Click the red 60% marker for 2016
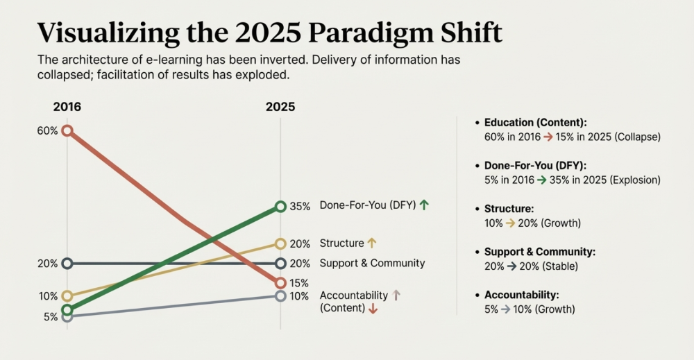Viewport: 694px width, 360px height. [67, 130]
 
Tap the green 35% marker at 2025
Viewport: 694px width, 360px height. [280, 206]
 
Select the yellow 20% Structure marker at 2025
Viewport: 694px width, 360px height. [280, 243]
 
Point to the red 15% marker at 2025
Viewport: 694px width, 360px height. [280, 283]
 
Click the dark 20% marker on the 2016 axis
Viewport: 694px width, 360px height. [67, 263]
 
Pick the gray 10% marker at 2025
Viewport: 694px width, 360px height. [280, 296]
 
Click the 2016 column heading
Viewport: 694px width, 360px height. [67, 107]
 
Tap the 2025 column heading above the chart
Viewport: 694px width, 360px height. [280, 107]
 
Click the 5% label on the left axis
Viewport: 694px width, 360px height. [51, 317]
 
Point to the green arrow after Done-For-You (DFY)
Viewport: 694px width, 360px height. [424, 205]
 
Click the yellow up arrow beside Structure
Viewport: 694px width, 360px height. [372, 243]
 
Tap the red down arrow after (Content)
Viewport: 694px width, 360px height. [373, 309]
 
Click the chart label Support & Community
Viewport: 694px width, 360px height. [372, 263]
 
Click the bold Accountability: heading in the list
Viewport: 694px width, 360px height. [521, 295]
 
